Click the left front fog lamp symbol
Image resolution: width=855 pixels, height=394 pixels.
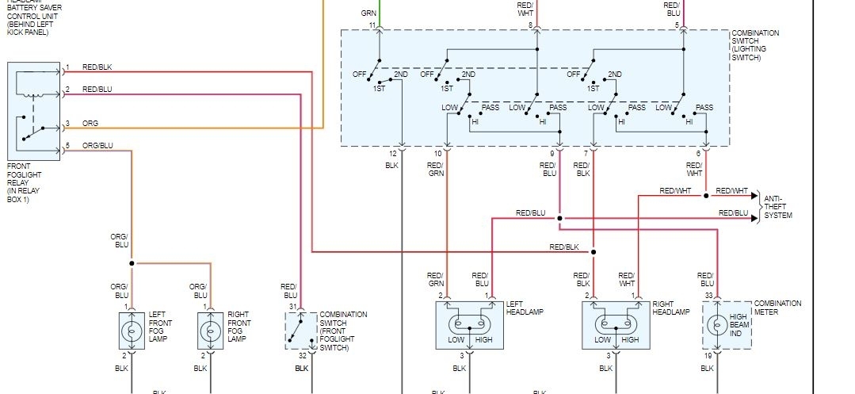(132, 330)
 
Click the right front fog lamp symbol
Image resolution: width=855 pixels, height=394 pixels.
(210, 330)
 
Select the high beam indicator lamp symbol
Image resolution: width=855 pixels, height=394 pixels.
(717, 325)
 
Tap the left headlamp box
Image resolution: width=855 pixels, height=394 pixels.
(469, 325)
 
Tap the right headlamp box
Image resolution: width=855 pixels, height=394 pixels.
(616, 325)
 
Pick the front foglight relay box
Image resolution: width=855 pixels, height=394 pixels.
(33, 112)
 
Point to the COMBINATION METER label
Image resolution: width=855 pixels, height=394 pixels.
(777, 307)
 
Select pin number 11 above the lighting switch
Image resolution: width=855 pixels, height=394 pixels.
(372, 26)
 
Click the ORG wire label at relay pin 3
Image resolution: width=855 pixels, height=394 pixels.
(90, 123)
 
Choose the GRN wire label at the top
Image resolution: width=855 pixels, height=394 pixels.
(368, 13)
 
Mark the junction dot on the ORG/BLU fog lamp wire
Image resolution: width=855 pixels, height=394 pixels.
(132, 263)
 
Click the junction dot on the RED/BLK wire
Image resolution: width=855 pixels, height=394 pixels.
(593, 252)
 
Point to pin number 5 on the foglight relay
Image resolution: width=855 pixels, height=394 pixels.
(67, 145)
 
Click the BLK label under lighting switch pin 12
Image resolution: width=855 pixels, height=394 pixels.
(391, 166)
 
